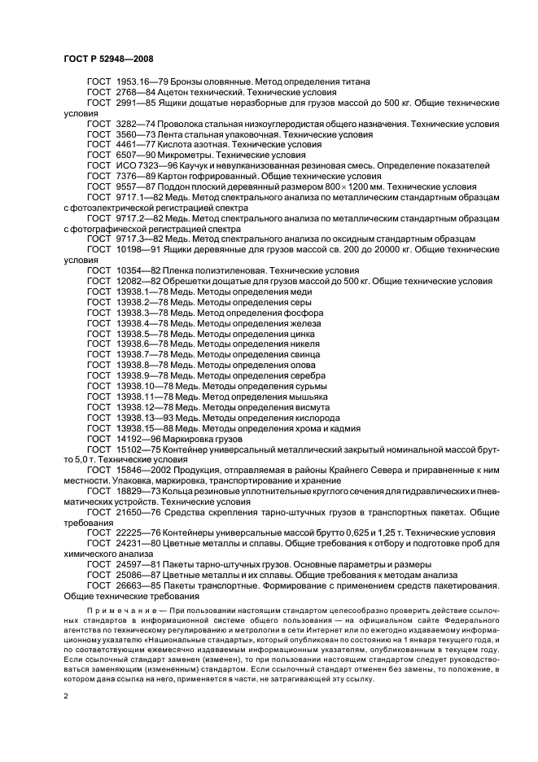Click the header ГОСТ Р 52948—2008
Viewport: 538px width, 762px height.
point(107,58)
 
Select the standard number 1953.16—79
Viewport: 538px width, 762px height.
point(141,81)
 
